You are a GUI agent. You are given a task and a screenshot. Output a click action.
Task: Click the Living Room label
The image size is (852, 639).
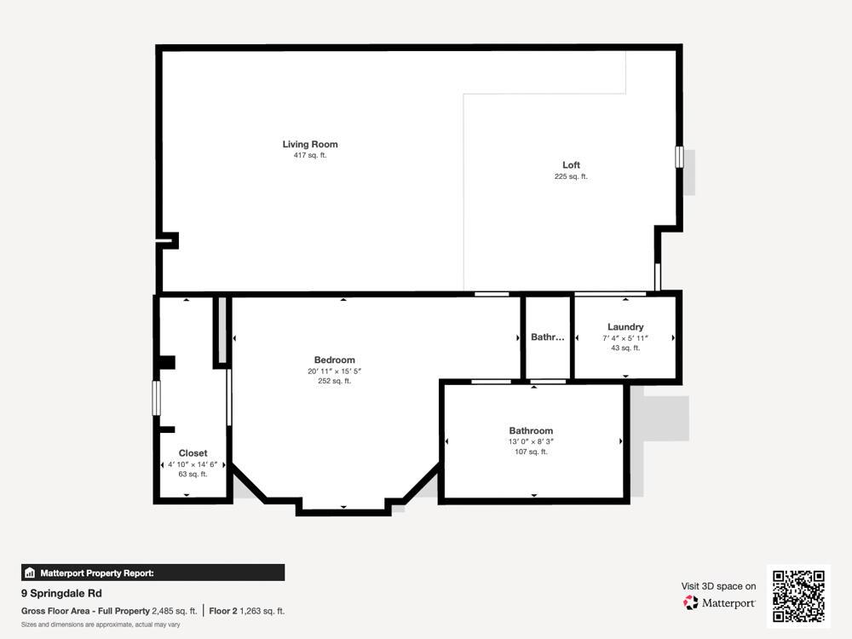point(310,144)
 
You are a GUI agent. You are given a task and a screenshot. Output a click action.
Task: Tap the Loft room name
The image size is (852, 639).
point(571,164)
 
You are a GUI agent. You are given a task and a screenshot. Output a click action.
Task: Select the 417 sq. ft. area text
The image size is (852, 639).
point(310,156)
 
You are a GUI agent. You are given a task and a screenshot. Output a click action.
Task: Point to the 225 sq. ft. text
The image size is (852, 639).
point(571,176)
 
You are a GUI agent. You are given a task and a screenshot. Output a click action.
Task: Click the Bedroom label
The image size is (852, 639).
point(334,360)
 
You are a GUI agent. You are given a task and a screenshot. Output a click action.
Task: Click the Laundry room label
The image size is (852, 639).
point(625,327)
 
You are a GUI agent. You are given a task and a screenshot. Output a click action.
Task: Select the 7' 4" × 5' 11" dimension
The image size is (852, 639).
point(625,338)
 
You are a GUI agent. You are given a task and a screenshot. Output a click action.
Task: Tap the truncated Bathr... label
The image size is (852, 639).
point(547,337)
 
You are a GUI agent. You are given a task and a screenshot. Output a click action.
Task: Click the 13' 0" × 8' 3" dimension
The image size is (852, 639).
point(531,441)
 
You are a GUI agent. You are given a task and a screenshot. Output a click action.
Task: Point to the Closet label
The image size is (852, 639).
point(193,453)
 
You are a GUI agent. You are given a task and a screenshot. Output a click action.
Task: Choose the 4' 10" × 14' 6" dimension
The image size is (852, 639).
point(193,464)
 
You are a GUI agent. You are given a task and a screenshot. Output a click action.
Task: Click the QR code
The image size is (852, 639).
point(798,596)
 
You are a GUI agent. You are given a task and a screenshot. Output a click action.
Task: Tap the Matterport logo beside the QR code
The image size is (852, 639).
point(719,603)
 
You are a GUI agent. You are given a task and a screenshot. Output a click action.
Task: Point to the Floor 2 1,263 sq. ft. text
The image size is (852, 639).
point(247,611)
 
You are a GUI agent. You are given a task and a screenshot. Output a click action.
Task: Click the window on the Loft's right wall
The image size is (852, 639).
point(679,157)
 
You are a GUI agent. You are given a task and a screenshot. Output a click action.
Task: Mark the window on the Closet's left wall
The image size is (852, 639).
point(156,398)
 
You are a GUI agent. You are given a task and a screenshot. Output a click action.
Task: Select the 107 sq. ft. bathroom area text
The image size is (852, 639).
point(531,452)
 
